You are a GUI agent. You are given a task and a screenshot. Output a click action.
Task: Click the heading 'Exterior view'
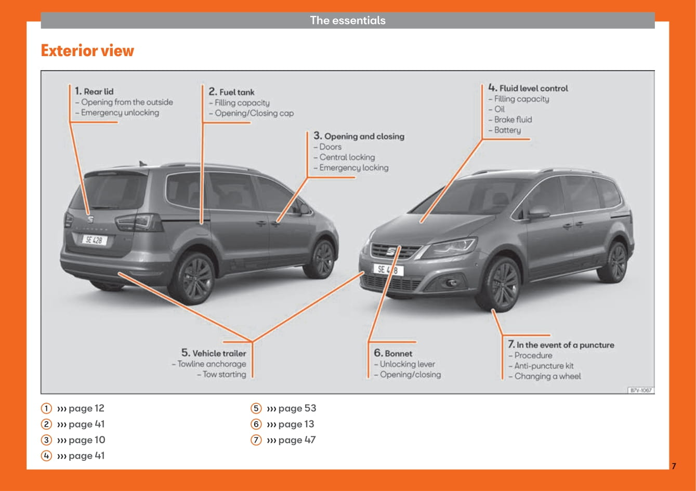[87, 51]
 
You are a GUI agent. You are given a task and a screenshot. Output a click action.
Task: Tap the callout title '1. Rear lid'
[94, 91]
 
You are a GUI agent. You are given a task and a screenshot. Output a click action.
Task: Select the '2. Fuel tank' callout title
[232, 92]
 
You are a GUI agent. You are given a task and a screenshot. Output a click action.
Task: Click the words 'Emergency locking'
[353, 168]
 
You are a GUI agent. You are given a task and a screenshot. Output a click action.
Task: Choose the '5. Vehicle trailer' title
[214, 353]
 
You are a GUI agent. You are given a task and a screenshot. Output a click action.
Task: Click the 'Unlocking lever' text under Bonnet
[407, 364]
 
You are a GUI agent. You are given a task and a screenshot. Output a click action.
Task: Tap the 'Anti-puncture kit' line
[544, 366]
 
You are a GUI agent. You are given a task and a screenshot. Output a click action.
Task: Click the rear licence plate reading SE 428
[94, 240]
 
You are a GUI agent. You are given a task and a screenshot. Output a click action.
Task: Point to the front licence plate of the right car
[388, 270]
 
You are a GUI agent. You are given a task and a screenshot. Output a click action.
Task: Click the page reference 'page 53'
[296, 408]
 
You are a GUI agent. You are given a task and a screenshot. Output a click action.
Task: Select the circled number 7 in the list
[256, 440]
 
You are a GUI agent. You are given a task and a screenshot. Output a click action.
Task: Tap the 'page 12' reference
[86, 408]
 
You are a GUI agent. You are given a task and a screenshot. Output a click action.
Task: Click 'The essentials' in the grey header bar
[348, 20]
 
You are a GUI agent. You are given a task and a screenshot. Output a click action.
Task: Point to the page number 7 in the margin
[674, 466]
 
